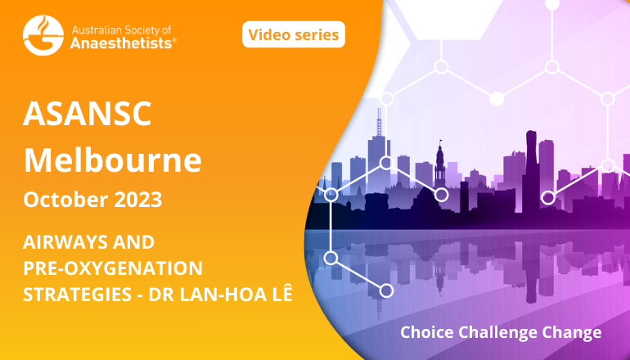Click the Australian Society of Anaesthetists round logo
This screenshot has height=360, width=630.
coord(43,35)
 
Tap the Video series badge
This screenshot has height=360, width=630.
coord(294,34)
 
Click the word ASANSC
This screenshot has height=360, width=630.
coord(88,114)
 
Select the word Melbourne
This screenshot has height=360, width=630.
coord(113,160)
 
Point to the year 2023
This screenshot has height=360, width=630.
coord(137,200)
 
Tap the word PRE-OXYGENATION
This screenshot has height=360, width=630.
coord(113,268)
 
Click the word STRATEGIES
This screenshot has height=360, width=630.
coord(78,295)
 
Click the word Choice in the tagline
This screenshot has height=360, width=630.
coord(427,332)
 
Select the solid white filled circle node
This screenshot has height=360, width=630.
coord(497,99)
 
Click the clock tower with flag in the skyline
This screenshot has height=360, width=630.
coord(440,164)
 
